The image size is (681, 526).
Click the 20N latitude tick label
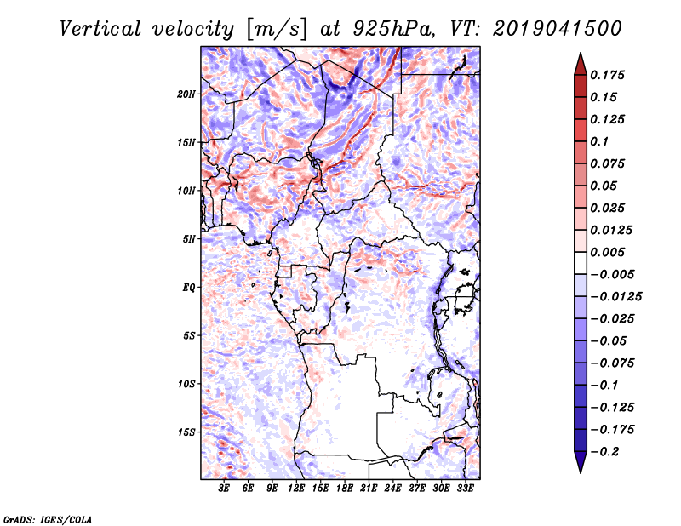click(186, 94)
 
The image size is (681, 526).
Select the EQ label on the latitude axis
click(189, 288)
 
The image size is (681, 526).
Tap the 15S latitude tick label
click(186, 432)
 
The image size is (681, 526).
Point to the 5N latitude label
click(189, 239)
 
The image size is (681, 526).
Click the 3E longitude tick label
click(224, 488)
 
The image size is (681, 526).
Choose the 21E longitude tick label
click(369, 488)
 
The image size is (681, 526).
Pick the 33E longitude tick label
click(465, 488)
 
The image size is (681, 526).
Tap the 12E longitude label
click(296, 488)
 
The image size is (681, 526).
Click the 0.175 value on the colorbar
click(607, 75)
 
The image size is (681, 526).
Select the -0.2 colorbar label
click(604, 452)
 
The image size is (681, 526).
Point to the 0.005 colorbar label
click(607, 252)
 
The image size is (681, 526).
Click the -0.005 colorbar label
click(612, 275)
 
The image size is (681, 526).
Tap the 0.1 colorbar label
click(599, 141)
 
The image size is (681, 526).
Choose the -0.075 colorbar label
click(612, 363)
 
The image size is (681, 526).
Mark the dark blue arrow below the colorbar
click(581, 462)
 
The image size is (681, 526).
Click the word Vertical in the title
click(100, 29)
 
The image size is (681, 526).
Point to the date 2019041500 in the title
click(558, 29)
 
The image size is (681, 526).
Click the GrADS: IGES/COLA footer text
click(48, 519)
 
